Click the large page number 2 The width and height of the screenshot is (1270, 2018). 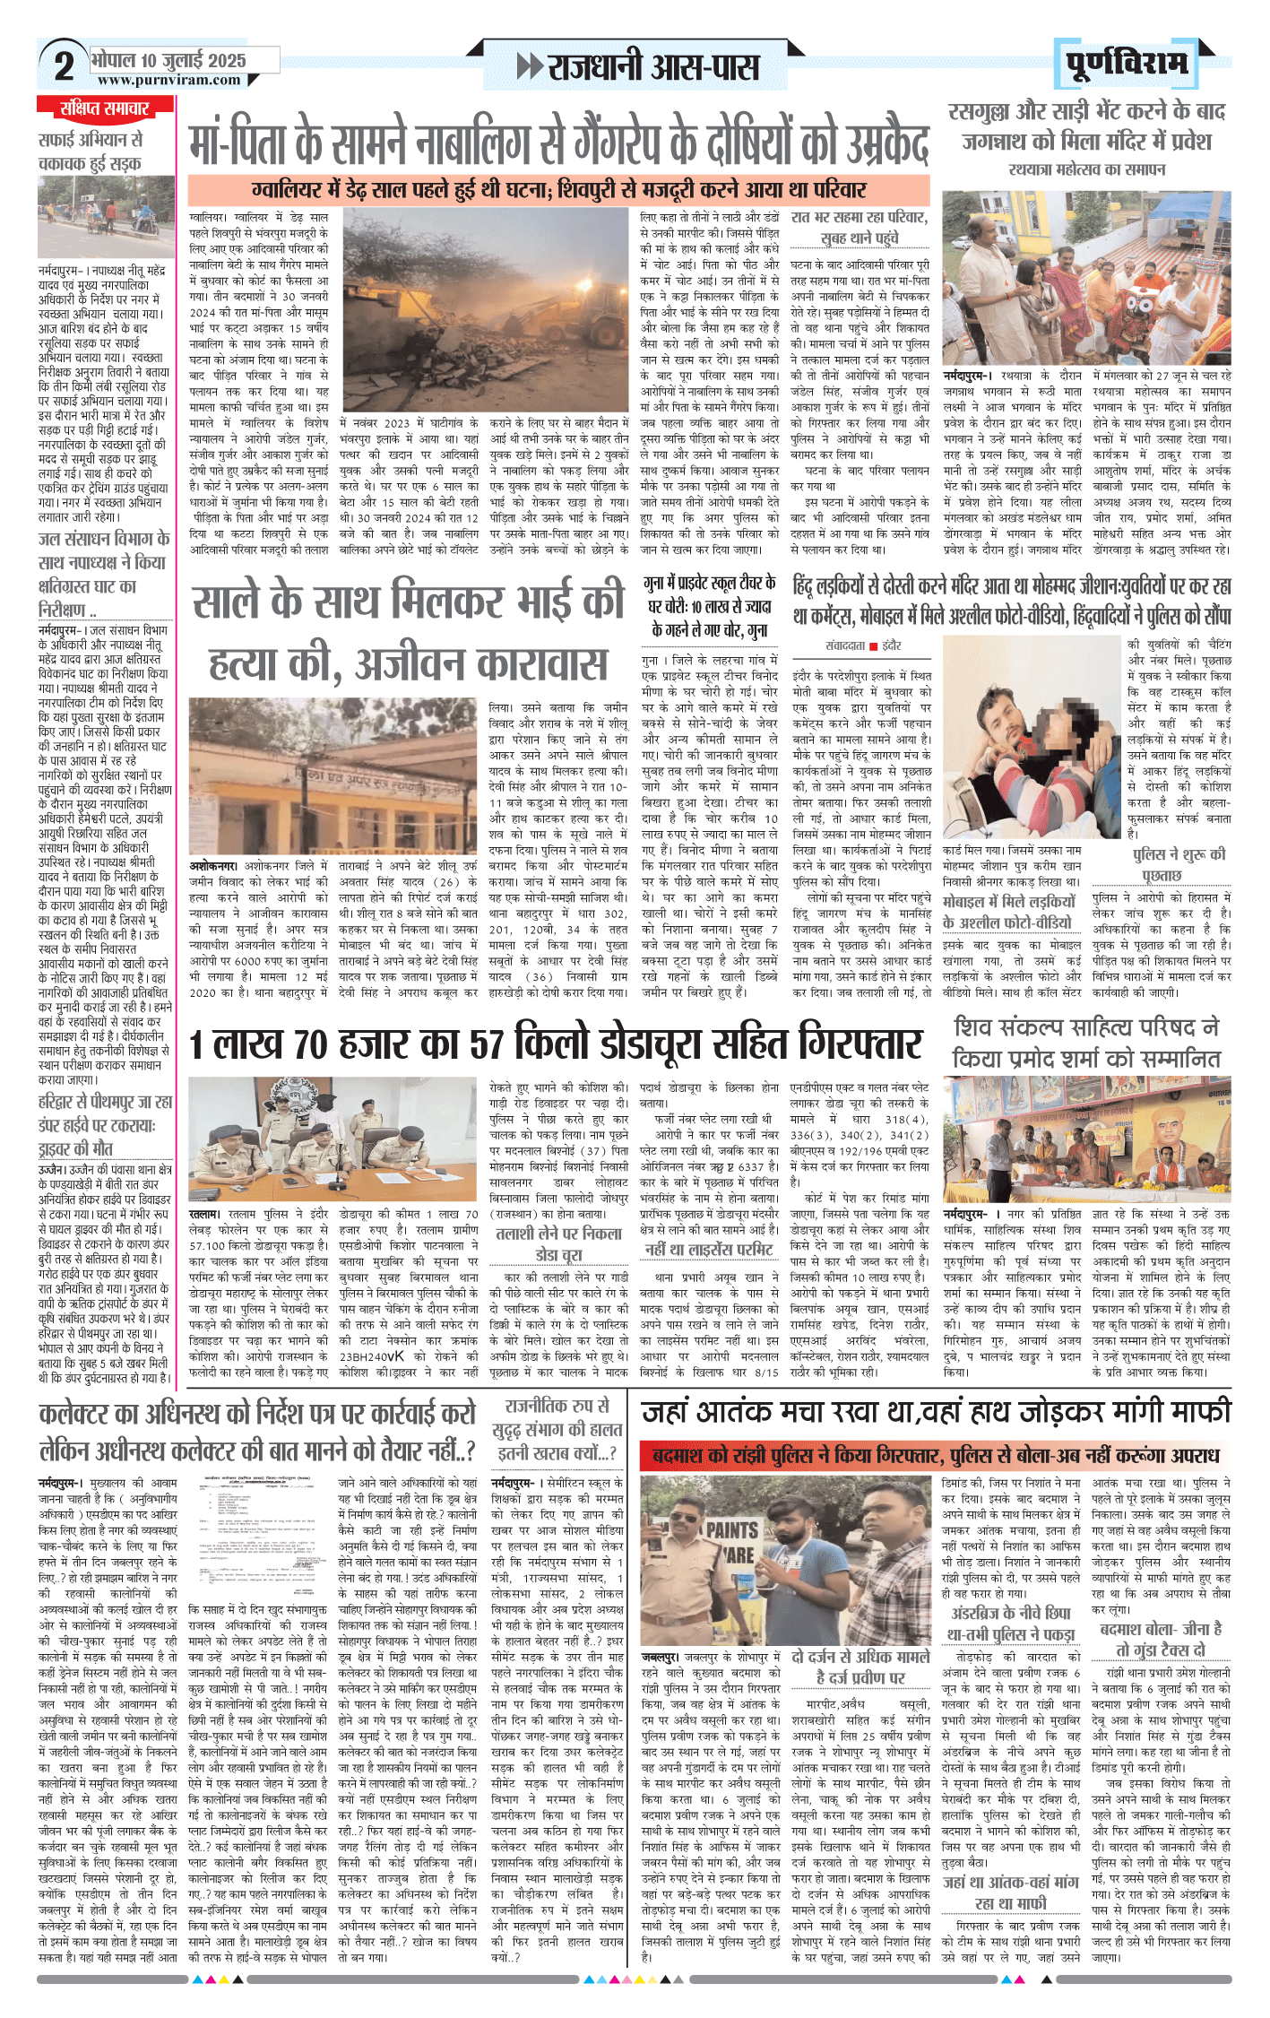[64, 65]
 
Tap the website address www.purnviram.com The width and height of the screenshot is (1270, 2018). [168, 80]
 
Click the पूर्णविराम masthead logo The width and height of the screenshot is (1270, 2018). [1127, 63]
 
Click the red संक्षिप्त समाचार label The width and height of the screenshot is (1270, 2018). [105, 108]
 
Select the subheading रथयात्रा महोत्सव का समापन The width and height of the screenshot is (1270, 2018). [1086, 169]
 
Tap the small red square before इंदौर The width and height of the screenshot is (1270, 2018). [873, 645]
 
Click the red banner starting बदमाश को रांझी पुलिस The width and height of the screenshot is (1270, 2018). [935, 1454]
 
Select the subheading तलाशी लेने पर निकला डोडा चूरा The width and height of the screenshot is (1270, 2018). [558, 1243]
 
